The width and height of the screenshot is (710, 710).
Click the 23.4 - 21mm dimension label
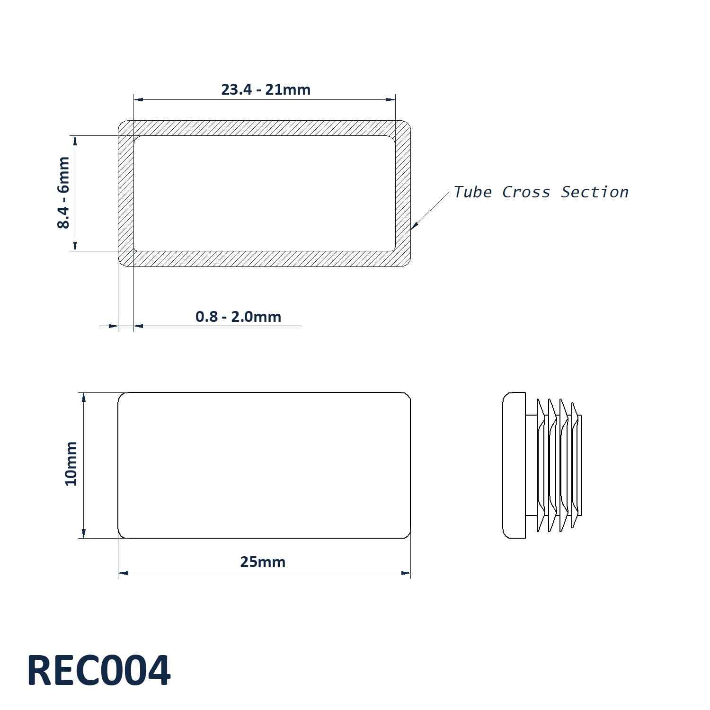[x=266, y=89]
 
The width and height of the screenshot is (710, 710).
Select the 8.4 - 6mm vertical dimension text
[x=63, y=193]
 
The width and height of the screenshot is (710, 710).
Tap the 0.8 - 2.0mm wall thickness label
[x=238, y=317]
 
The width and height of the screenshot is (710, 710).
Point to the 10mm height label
[x=71, y=463]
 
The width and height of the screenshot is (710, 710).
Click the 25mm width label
[x=263, y=562]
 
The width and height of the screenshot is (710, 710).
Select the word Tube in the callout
[x=472, y=192]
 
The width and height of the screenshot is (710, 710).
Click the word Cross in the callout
[x=526, y=192]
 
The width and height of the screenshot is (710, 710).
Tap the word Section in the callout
[x=595, y=192]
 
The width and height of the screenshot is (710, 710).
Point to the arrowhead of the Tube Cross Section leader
[x=414, y=226]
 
